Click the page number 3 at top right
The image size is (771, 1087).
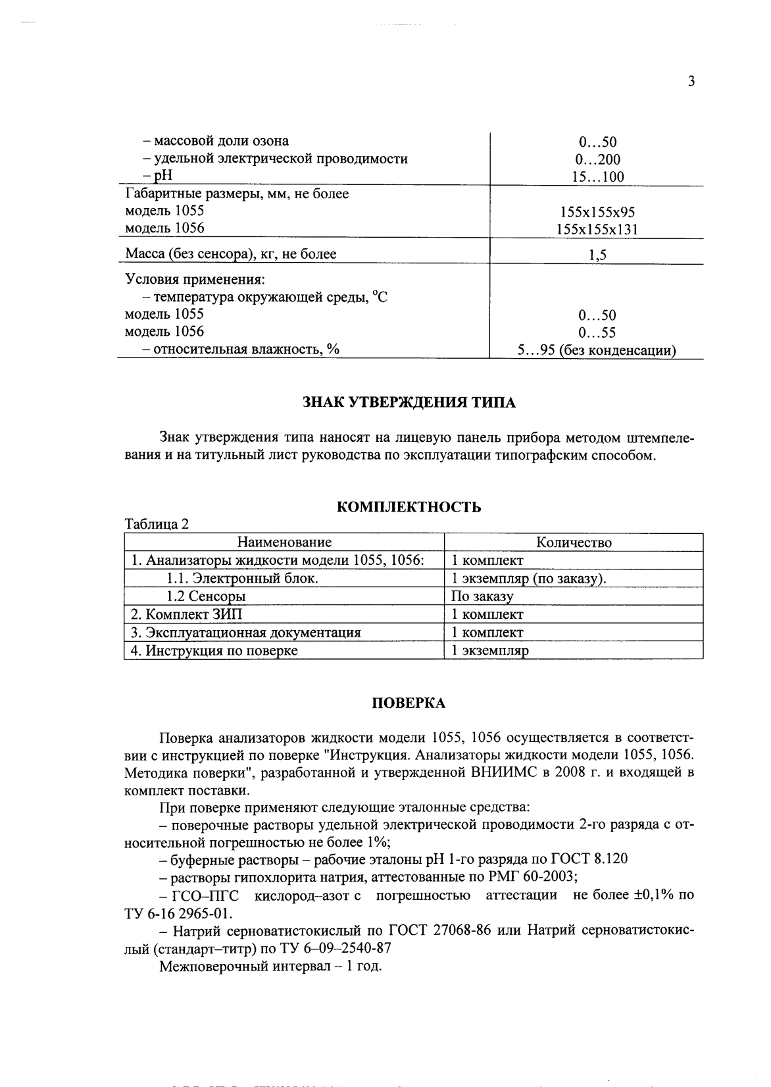tap(691, 82)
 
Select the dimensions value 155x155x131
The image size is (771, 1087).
tap(597, 230)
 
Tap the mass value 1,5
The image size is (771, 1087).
tap(597, 255)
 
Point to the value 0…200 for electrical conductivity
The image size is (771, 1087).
tap(597, 159)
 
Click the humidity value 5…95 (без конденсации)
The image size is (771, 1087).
tap(597, 351)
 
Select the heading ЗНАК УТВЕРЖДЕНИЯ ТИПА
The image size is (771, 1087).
tap(409, 403)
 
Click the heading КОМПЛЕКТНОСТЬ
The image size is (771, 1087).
tap(409, 507)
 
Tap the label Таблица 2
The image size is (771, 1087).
tap(157, 525)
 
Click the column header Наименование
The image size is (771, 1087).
tap(284, 543)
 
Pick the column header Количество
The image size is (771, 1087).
tap(574, 543)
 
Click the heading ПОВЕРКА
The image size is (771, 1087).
tap(409, 703)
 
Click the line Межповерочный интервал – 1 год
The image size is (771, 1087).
tap(270, 967)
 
